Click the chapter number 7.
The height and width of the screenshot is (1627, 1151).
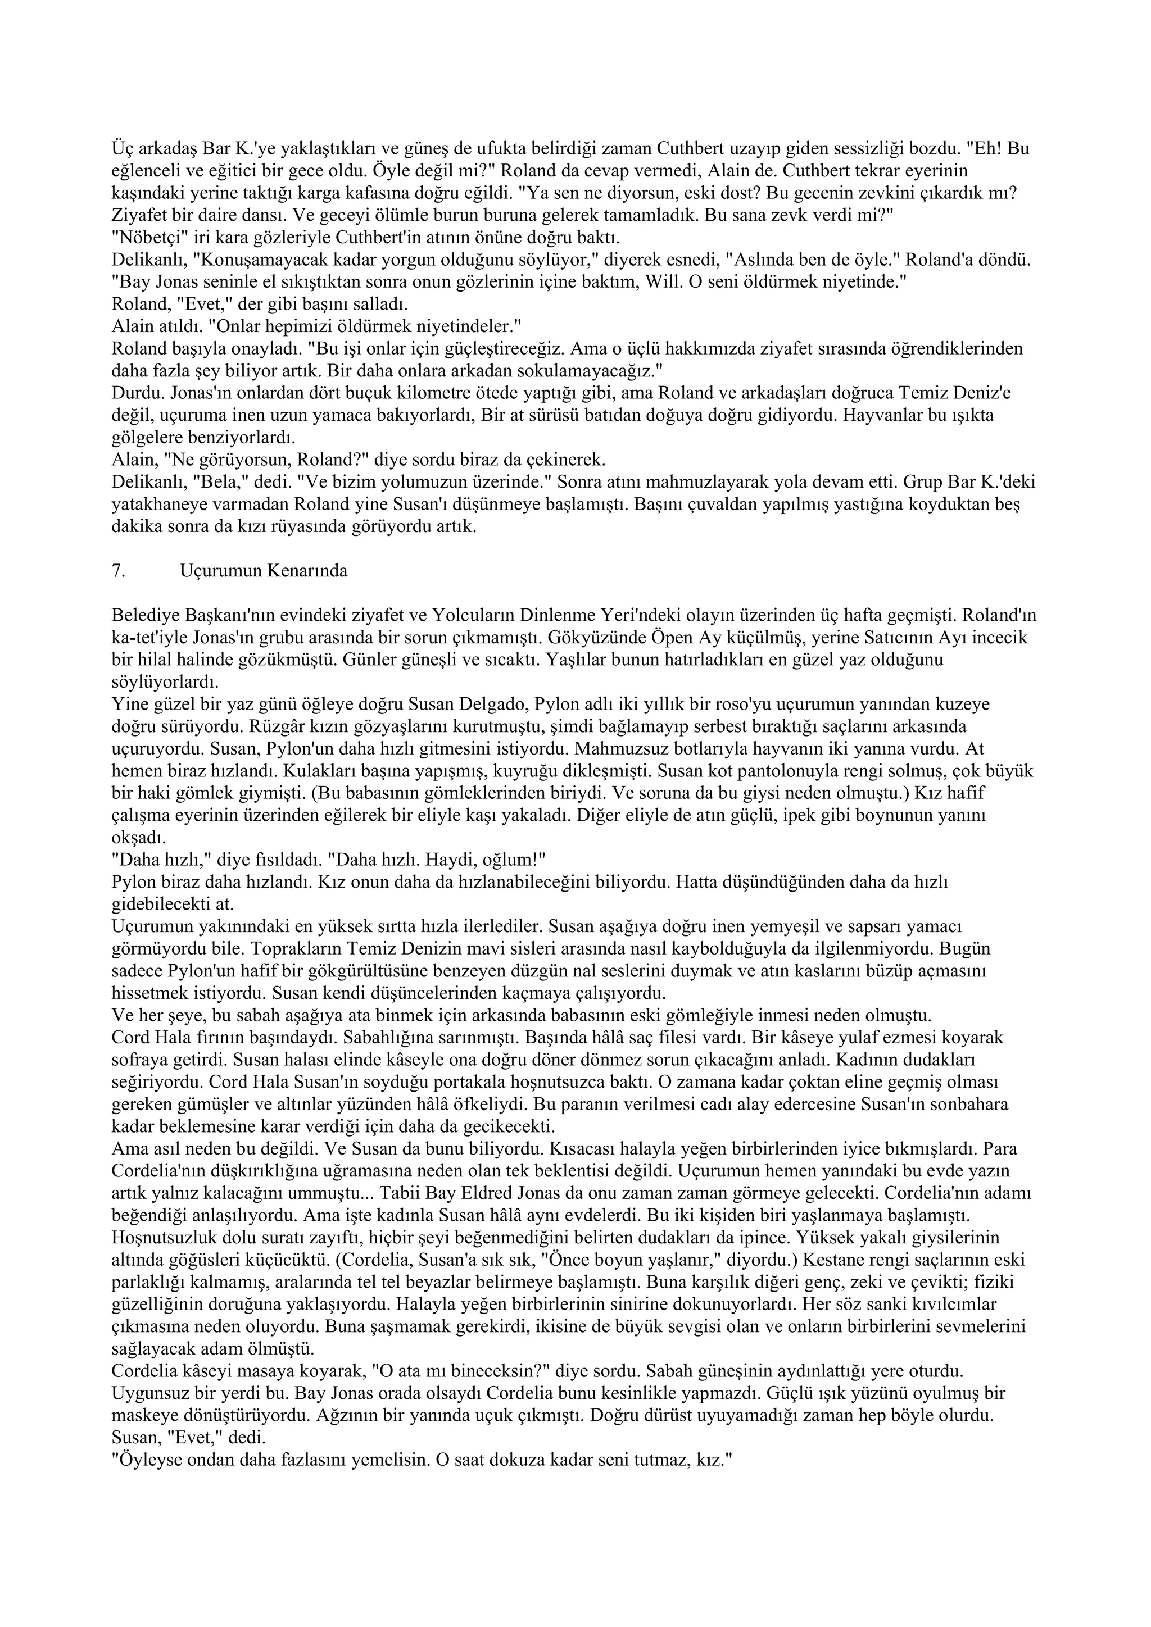coord(117,571)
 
